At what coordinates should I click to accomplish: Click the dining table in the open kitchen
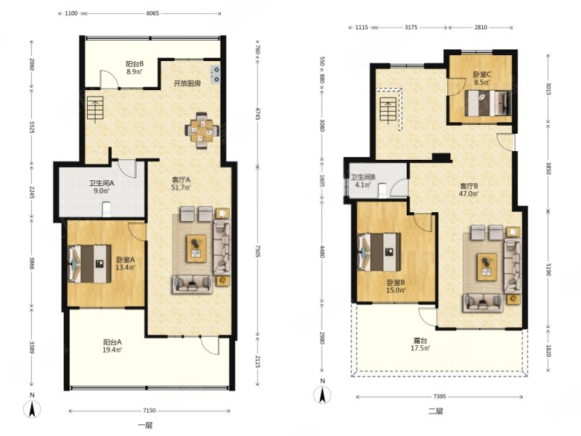click(202, 131)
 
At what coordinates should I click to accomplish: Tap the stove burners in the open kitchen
click(215, 74)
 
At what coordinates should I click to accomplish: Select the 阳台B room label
click(134, 68)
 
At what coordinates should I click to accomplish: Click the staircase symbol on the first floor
click(95, 108)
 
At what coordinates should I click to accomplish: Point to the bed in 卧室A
click(89, 264)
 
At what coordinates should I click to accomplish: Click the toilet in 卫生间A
click(106, 209)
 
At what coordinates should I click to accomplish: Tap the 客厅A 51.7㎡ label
click(181, 184)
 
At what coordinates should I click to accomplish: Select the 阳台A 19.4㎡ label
click(113, 346)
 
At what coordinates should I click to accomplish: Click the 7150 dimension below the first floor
click(150, 411)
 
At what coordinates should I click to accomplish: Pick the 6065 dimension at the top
click(153, 13)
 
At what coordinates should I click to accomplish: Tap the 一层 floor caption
click(145, 426)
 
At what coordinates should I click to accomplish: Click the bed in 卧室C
click(488, 103)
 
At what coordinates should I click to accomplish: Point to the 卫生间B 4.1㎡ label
click(363, 181)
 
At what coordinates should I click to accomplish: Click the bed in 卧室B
click(379, 252)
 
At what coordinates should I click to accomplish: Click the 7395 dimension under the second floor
click(439, 396)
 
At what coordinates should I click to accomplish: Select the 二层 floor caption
click(436, 411)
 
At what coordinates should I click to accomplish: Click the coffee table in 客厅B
click(487, 267)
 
